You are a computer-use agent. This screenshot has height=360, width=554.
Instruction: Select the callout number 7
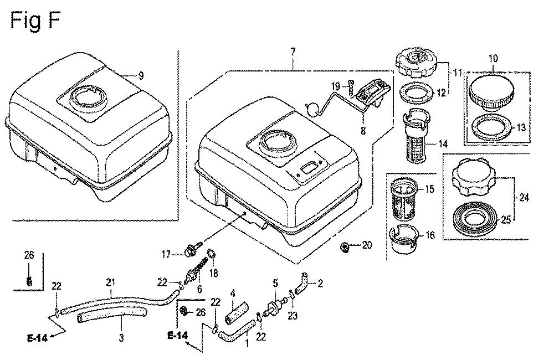(293, 52)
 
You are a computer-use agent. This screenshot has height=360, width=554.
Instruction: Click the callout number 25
(506, 220)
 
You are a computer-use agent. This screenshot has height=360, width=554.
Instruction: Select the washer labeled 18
(211, 255)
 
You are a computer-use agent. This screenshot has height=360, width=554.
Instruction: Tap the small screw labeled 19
(351, 86)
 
